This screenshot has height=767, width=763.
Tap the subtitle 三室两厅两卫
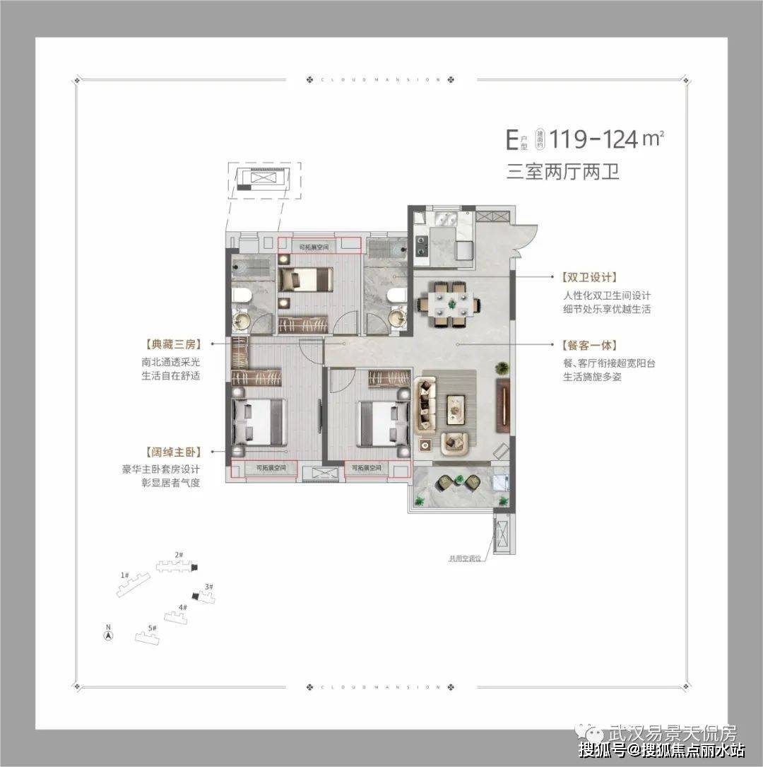[562, 172]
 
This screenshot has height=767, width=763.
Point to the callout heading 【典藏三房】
[172, 345]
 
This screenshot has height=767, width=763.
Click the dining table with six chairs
[449, 304]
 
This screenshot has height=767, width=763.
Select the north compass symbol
[108, 635]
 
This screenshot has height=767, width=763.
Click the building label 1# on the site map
[124, 575]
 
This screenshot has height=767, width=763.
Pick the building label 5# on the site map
[152, 627]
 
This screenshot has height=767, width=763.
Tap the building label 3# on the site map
[209, 586]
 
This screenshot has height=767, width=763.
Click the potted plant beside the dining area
[501, 368]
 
